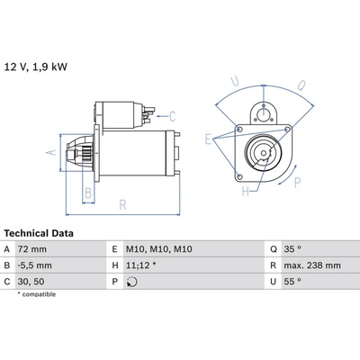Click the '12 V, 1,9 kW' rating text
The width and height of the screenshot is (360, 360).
(x=35, y=67)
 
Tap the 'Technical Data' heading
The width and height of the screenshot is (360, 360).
(x=39, y=233)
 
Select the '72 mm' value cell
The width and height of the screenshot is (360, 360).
(x=32, y=249)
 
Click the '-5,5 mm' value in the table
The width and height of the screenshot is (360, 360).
(x=35, y=265)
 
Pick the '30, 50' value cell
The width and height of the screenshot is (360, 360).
(x=31, y=282)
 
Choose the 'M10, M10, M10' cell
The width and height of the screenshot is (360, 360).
(x=159, y=249)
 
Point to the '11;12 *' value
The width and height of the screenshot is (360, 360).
(x=141, y=265)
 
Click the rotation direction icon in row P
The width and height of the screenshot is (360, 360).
(x=132, y=282)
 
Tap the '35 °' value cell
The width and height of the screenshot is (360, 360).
(x=292, y=249)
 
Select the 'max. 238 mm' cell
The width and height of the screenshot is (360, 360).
(x=312, y=265)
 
